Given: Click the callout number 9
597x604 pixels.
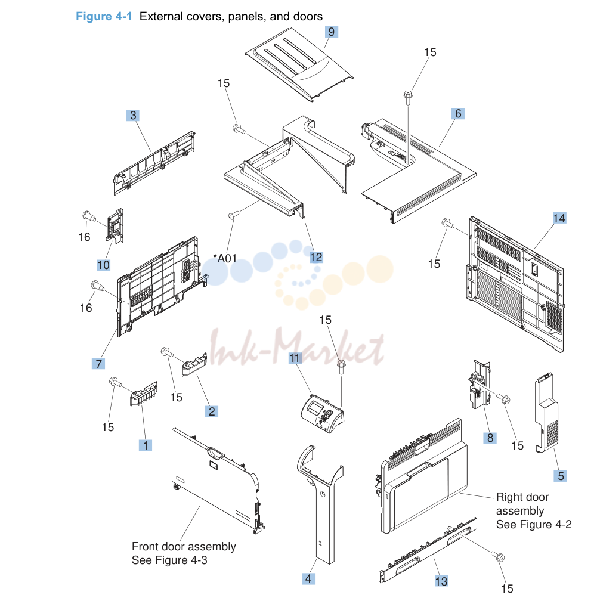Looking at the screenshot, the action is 332,32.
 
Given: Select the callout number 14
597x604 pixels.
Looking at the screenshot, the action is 559,218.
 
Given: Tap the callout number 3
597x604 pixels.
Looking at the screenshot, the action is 133,115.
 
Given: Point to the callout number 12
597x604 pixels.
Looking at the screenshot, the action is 316,257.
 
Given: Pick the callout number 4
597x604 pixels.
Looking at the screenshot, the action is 308,578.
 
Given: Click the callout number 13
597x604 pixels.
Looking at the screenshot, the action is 441,581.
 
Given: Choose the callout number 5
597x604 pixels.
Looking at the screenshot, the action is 561,476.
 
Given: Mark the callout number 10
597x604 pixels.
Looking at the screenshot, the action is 103,265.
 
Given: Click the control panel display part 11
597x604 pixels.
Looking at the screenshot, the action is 322,414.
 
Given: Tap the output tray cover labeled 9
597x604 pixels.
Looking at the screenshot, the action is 299,64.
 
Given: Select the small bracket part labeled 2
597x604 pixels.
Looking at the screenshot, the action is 194,365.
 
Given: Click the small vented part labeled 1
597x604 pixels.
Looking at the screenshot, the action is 144,394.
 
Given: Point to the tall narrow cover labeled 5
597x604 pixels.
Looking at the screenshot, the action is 546,413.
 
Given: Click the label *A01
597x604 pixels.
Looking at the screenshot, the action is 225,258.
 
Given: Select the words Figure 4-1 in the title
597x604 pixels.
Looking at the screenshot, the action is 104,17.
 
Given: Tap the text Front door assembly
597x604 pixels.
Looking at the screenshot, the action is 184,546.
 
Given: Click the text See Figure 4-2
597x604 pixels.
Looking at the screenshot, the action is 534,524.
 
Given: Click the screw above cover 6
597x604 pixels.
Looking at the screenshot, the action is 408,97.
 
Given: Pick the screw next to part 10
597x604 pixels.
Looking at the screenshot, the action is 89,216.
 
